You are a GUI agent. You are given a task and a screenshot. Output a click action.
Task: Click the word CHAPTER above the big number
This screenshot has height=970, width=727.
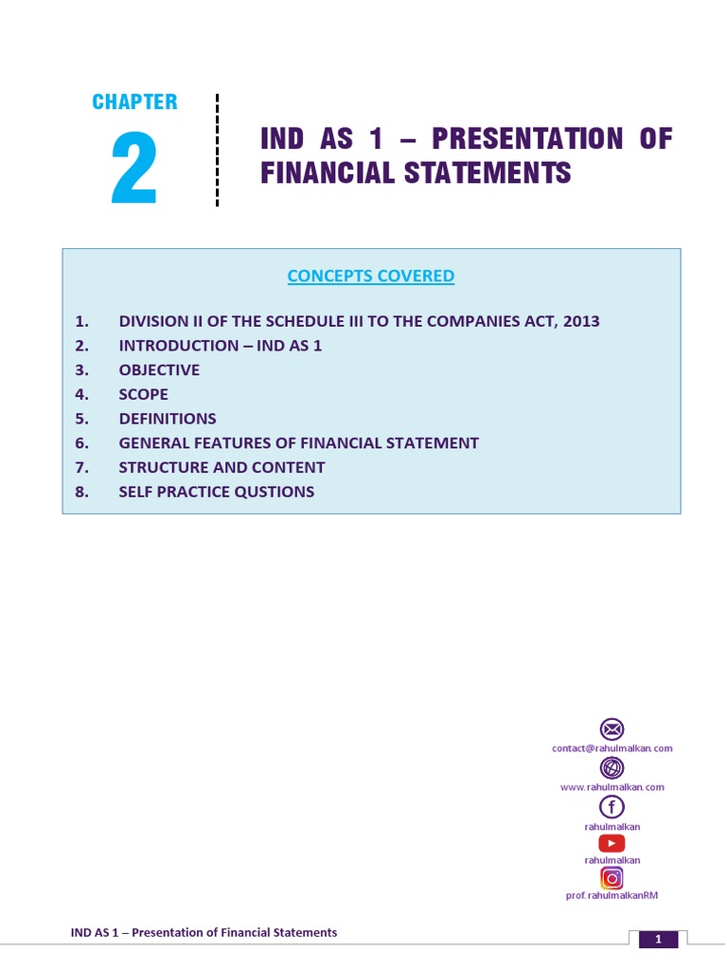click(134, 102)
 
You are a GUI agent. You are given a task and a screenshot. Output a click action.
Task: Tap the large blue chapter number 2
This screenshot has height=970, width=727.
click(133, 171)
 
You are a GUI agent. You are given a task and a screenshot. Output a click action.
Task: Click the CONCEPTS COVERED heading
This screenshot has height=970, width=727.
click(371, 276)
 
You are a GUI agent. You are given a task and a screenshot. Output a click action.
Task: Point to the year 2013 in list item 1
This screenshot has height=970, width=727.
click(580, 321)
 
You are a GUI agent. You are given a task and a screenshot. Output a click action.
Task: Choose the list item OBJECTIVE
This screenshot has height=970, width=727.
click(159, 370)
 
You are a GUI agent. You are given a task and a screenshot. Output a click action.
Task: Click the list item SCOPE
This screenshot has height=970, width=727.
click(144, 394)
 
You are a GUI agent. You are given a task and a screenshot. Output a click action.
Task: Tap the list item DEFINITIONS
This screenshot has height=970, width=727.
click(168, 419)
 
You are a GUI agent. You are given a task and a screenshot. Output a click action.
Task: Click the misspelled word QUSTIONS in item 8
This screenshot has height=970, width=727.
click(275, 492)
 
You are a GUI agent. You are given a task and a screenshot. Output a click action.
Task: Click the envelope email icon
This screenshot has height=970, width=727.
click(612, 729)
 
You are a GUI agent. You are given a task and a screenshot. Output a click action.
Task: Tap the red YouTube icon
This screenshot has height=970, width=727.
click(612, 843)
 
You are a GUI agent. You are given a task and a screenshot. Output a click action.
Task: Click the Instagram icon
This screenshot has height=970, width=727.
click(612, 877)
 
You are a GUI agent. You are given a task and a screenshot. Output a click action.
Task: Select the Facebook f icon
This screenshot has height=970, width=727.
click(612, 806)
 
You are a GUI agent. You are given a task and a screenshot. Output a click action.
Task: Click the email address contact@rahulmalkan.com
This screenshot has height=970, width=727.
click(612, 748)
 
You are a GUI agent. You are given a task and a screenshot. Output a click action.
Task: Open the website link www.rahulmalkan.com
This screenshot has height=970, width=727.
click(612, 787)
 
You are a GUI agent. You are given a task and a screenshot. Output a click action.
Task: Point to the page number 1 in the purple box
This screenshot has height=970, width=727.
click(659, 940)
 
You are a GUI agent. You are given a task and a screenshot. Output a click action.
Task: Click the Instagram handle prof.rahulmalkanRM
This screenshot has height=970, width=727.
click(612, 895)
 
